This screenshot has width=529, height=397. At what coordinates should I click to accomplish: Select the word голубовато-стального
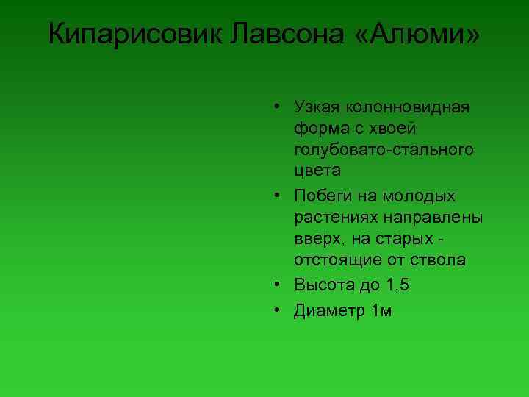tap(384, 150)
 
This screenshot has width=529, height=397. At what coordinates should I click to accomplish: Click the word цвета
tap(317, 171)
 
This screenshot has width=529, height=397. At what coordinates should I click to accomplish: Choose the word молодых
tap(420, 196)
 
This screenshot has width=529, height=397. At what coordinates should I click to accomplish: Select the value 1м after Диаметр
tap(383, 311)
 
